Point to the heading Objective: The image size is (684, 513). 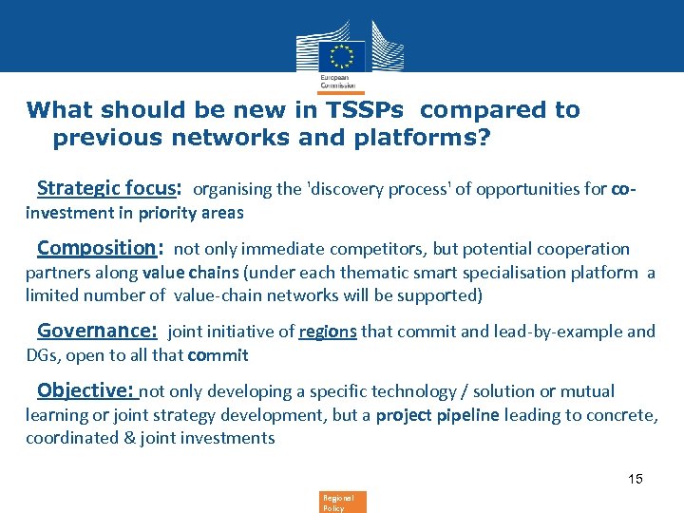[x=87, y=390]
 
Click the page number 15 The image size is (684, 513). [x=635, y=479]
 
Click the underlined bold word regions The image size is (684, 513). [x=328, y=332]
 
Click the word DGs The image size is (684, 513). [x=41, y=355]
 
